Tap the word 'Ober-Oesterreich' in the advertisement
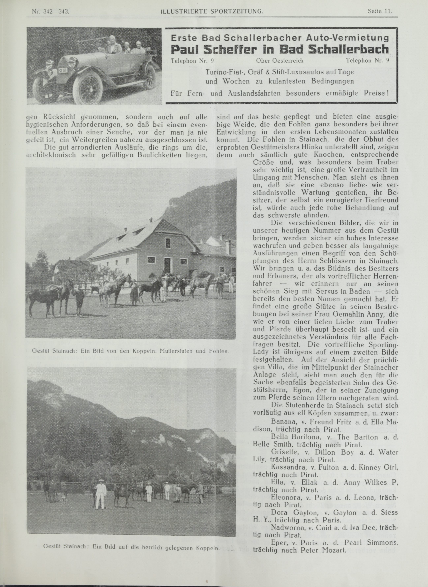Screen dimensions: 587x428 click(279, 61)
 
